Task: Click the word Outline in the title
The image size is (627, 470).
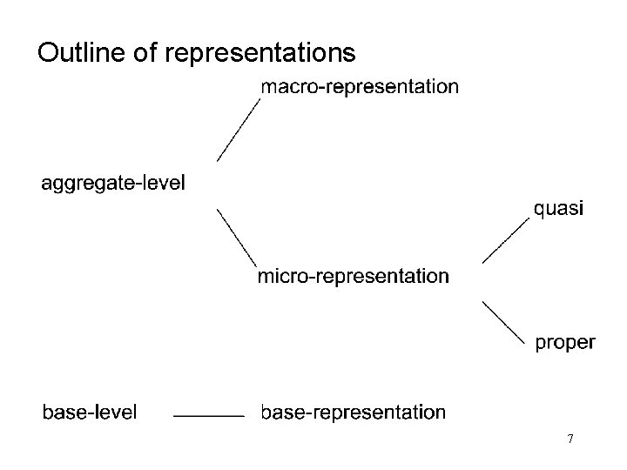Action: tap(82, 54)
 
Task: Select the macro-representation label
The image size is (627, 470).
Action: tap(360, 86)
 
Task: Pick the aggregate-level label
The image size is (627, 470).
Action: tap(113, 184)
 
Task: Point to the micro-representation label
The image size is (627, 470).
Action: tap(354, 277)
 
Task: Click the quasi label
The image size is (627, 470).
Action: tap(559, 209)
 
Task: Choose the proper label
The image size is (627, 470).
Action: tap(564, 343)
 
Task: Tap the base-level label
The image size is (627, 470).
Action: tap(90, 412)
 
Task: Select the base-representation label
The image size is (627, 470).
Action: tap(354, 412)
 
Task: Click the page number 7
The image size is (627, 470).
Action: tap(570, 439)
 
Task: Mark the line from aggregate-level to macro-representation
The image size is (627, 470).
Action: tap(239, 130)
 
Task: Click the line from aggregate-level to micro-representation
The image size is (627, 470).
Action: tap(236, 237)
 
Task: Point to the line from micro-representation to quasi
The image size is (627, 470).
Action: tap(506, 240)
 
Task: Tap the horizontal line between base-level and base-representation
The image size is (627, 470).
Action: tap(208, 417)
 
